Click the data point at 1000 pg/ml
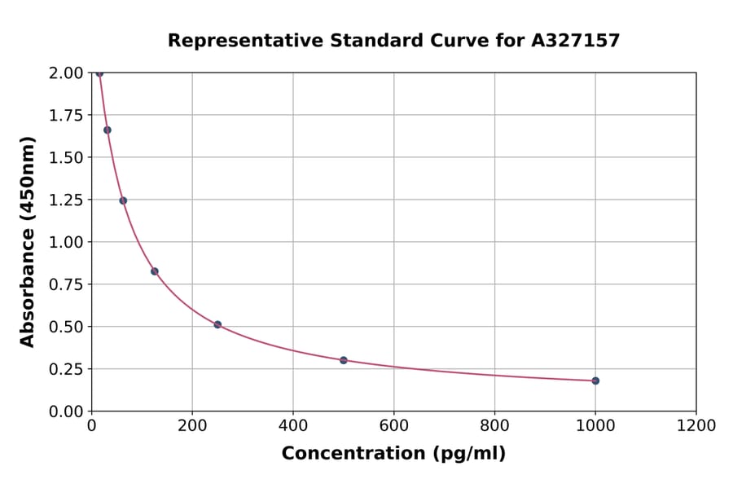[x=595, y=381]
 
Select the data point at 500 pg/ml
[x=344, y=360]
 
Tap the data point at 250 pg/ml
[x=217, y=324]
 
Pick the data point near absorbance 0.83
[x=155, y=271]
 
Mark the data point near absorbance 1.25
[x=123, y=200]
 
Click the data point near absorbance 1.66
[x=108, y=130]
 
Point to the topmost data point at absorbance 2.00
[x=99, y=73]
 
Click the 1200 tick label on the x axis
[x=696, y=426]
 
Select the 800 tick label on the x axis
[x=494, y=426]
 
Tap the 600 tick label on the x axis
[x=393, y=426]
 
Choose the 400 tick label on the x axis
[x=293, y=426]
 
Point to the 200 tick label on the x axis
[x=192, y=426]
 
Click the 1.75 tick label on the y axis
[x=66, y=116]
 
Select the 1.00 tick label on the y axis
[x=66, y=242]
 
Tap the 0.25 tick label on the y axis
[x=66, y=369]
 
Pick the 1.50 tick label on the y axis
[x=66, y=157]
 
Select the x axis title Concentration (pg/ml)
[x=393, y=454]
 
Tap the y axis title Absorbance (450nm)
[x=28, y=242]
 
